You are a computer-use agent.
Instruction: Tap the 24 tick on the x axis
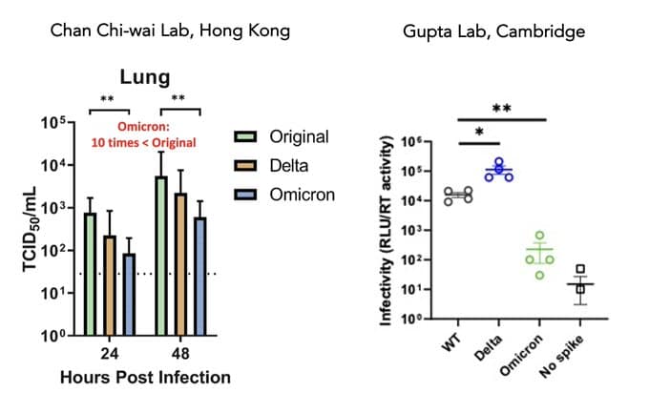[x=110, y=352]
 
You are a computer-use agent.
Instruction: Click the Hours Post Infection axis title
[x=145, y=378]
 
